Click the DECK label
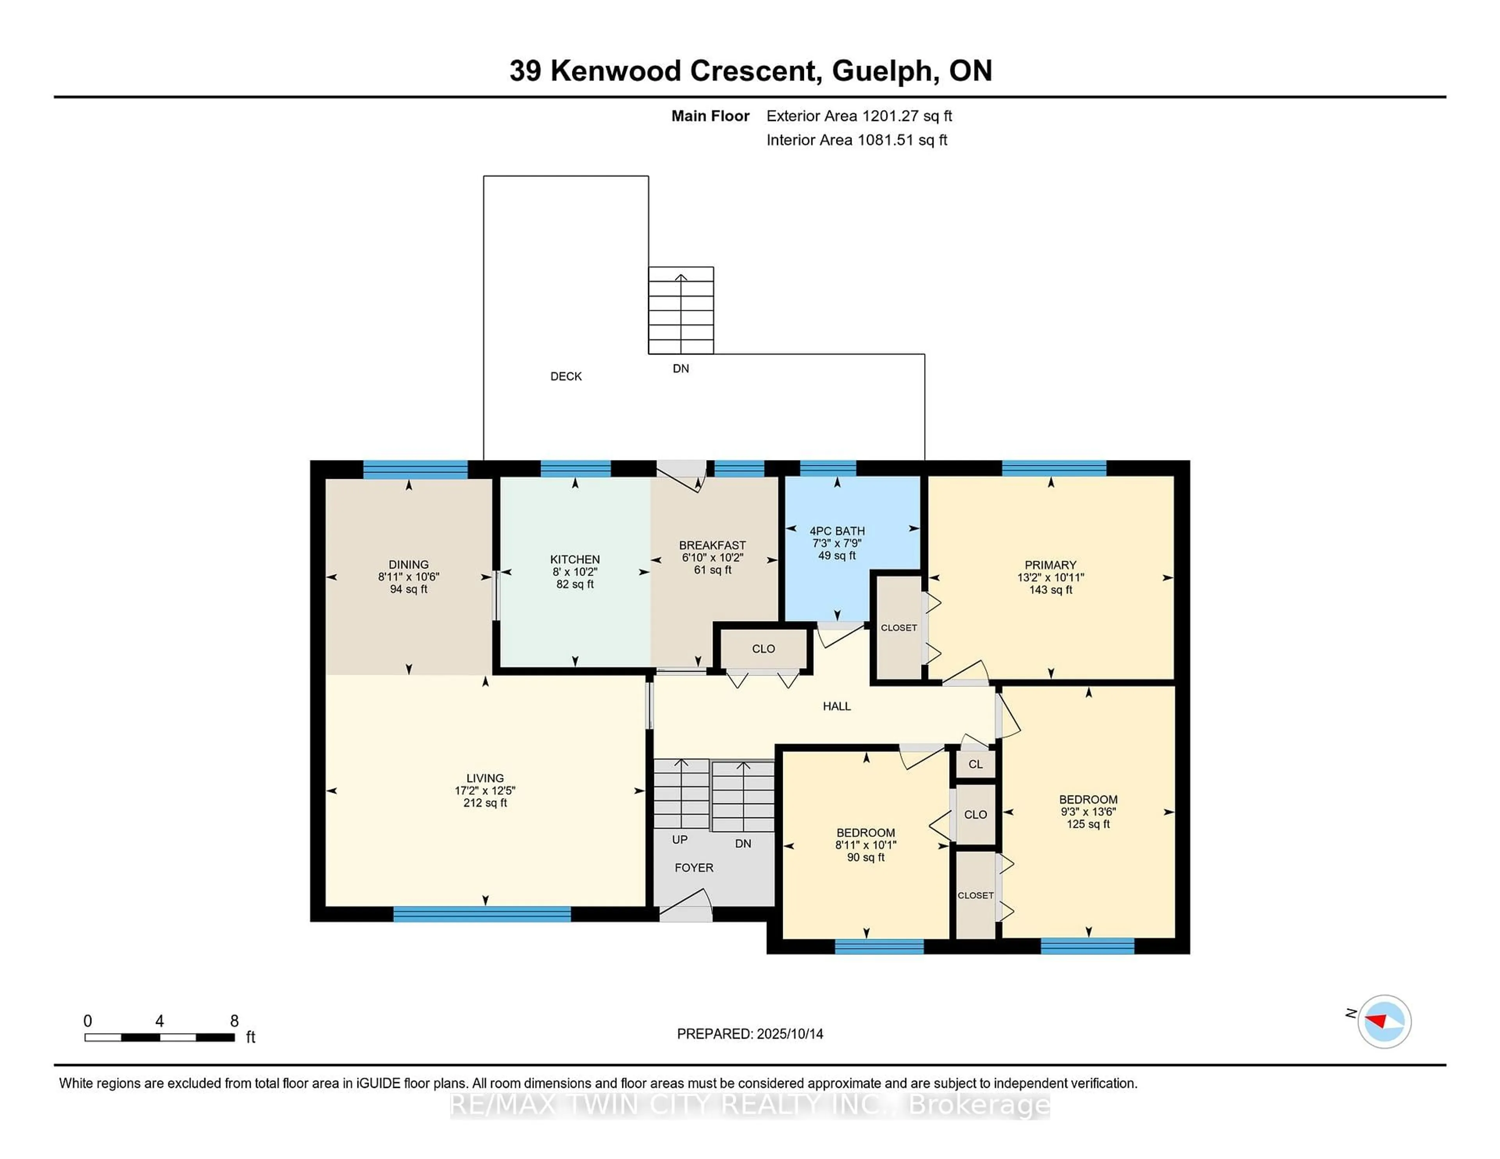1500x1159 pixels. pyautogui.click(x=566, y=376)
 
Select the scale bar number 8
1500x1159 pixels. pyautogui.click(x=234, y=1021)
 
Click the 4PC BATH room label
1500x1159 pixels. pyautogui.click(x=837, y=531)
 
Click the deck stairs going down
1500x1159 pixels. pyautogui.click(x=680, y=310)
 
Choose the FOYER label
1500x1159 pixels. pyautogui.click(x=694, y=868)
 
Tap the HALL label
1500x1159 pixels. pyautogui.click(x=837, y=706)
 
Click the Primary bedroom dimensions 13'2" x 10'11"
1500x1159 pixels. pyautogui.click(x=1050, y=578)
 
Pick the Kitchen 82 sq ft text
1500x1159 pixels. pyautogui.click(x=575, y=584)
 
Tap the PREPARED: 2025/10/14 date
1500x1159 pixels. pyautogui.click(x=750, y=1033)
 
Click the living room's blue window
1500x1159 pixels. pyautogui.click(x=482, y=914)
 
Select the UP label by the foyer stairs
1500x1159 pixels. pyautogui.click(x=679, y=840)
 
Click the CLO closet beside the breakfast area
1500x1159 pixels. pyautogui.click(x=763, y=649)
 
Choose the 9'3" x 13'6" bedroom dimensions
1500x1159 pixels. pyautogui.click(x=1088, y=811)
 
